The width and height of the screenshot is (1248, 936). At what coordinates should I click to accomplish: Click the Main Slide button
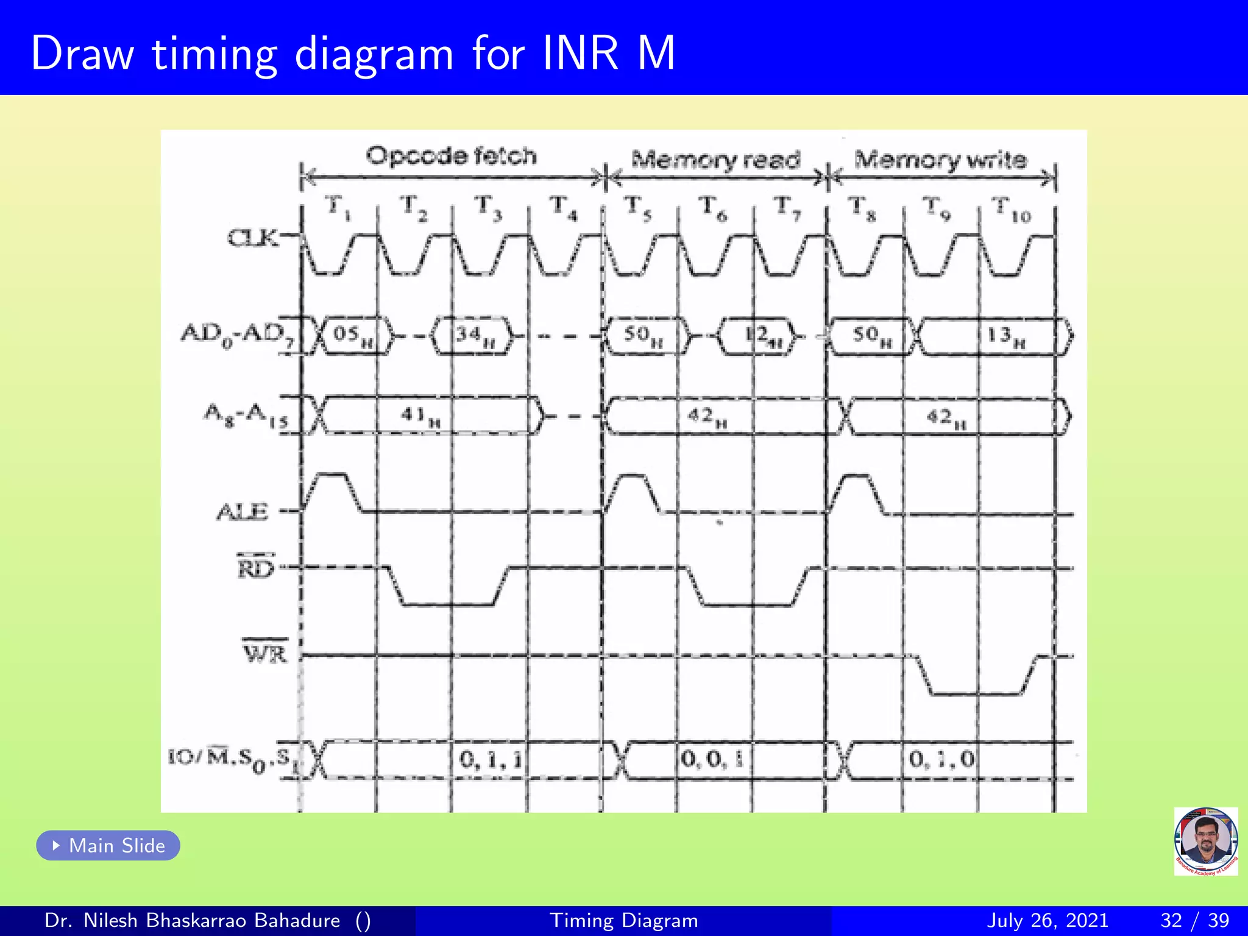(x=108, y=845)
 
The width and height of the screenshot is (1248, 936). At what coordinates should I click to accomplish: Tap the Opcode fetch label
(x=451, y=156)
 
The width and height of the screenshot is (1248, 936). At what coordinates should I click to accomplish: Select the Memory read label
(x=715, y=160)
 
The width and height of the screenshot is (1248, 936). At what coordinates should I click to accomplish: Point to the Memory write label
(x=940, y=160)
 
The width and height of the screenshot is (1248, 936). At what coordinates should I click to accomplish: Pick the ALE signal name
(x=243, y=512)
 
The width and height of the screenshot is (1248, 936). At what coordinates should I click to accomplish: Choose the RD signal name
(x=256, y=568)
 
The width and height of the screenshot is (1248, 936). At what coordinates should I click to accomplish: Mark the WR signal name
(x=265, y=653)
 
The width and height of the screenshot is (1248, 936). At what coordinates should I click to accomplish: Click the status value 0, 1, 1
(x=491, y=759)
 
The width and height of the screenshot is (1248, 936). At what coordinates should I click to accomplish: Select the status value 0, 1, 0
(x=941, y=759)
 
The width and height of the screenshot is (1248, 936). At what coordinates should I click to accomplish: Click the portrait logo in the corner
(x=1205, y=841)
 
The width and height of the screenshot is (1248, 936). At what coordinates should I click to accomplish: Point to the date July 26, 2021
(x=1047, y=920)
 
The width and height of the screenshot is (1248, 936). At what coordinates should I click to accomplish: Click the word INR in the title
(x=580, y=54)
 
